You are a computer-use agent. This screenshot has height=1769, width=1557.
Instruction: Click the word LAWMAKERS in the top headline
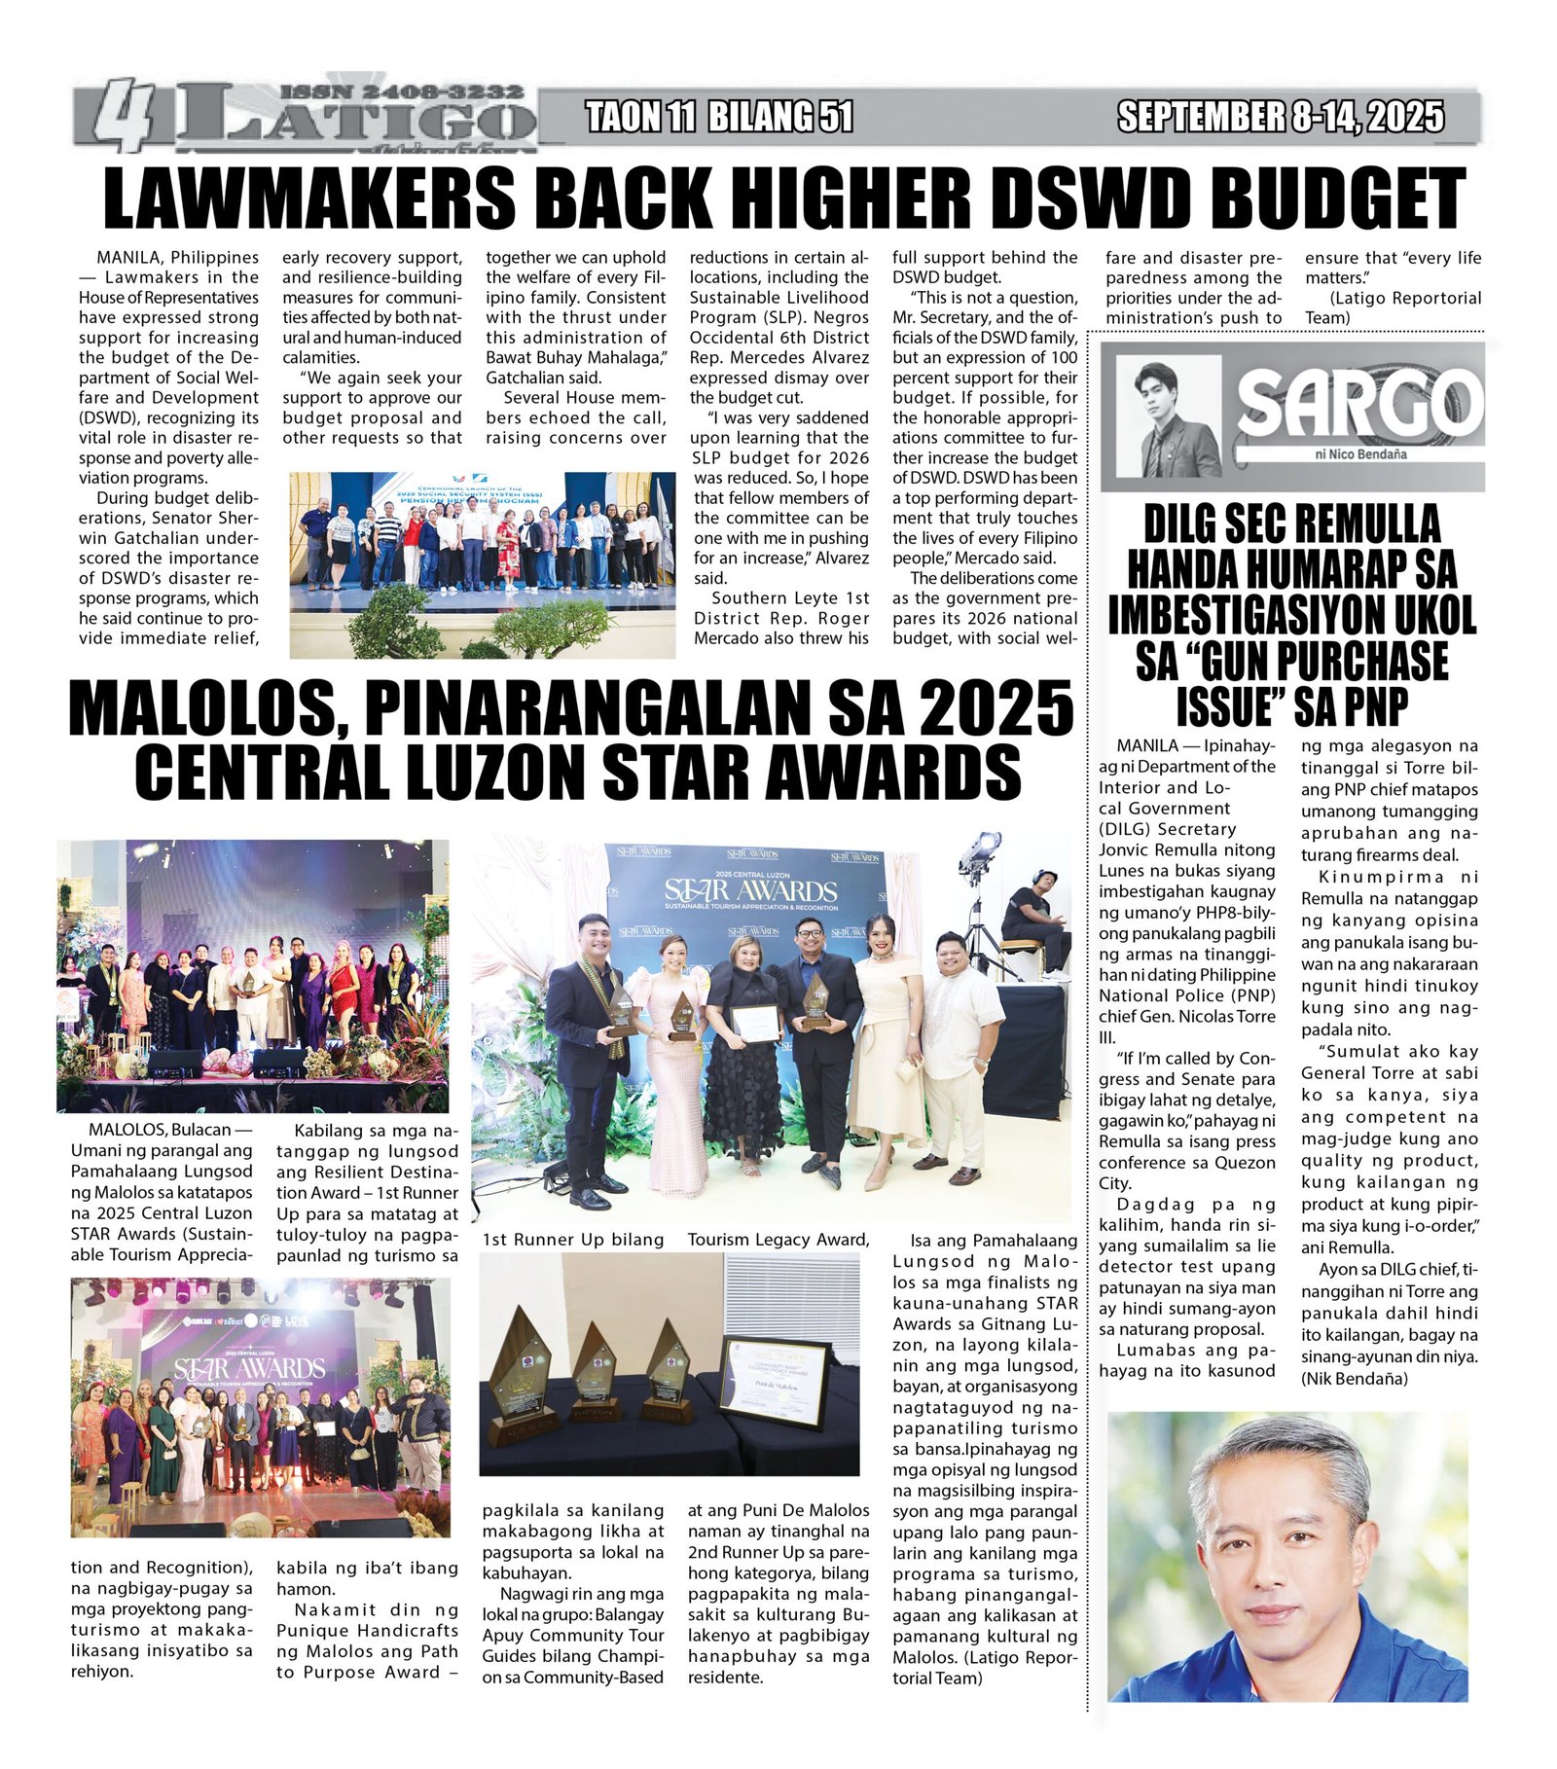pos(309,198)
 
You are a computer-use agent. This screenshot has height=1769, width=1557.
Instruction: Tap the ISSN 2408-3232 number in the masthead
pos(402,91)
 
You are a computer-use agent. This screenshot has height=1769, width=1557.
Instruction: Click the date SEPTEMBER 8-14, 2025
pos(1281,118)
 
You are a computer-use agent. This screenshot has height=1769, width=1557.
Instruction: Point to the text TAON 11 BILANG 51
pos(719,118)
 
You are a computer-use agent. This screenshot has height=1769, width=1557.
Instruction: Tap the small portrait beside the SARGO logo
pos(1168,416)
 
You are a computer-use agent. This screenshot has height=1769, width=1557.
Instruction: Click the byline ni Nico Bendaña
pos(1359,454)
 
